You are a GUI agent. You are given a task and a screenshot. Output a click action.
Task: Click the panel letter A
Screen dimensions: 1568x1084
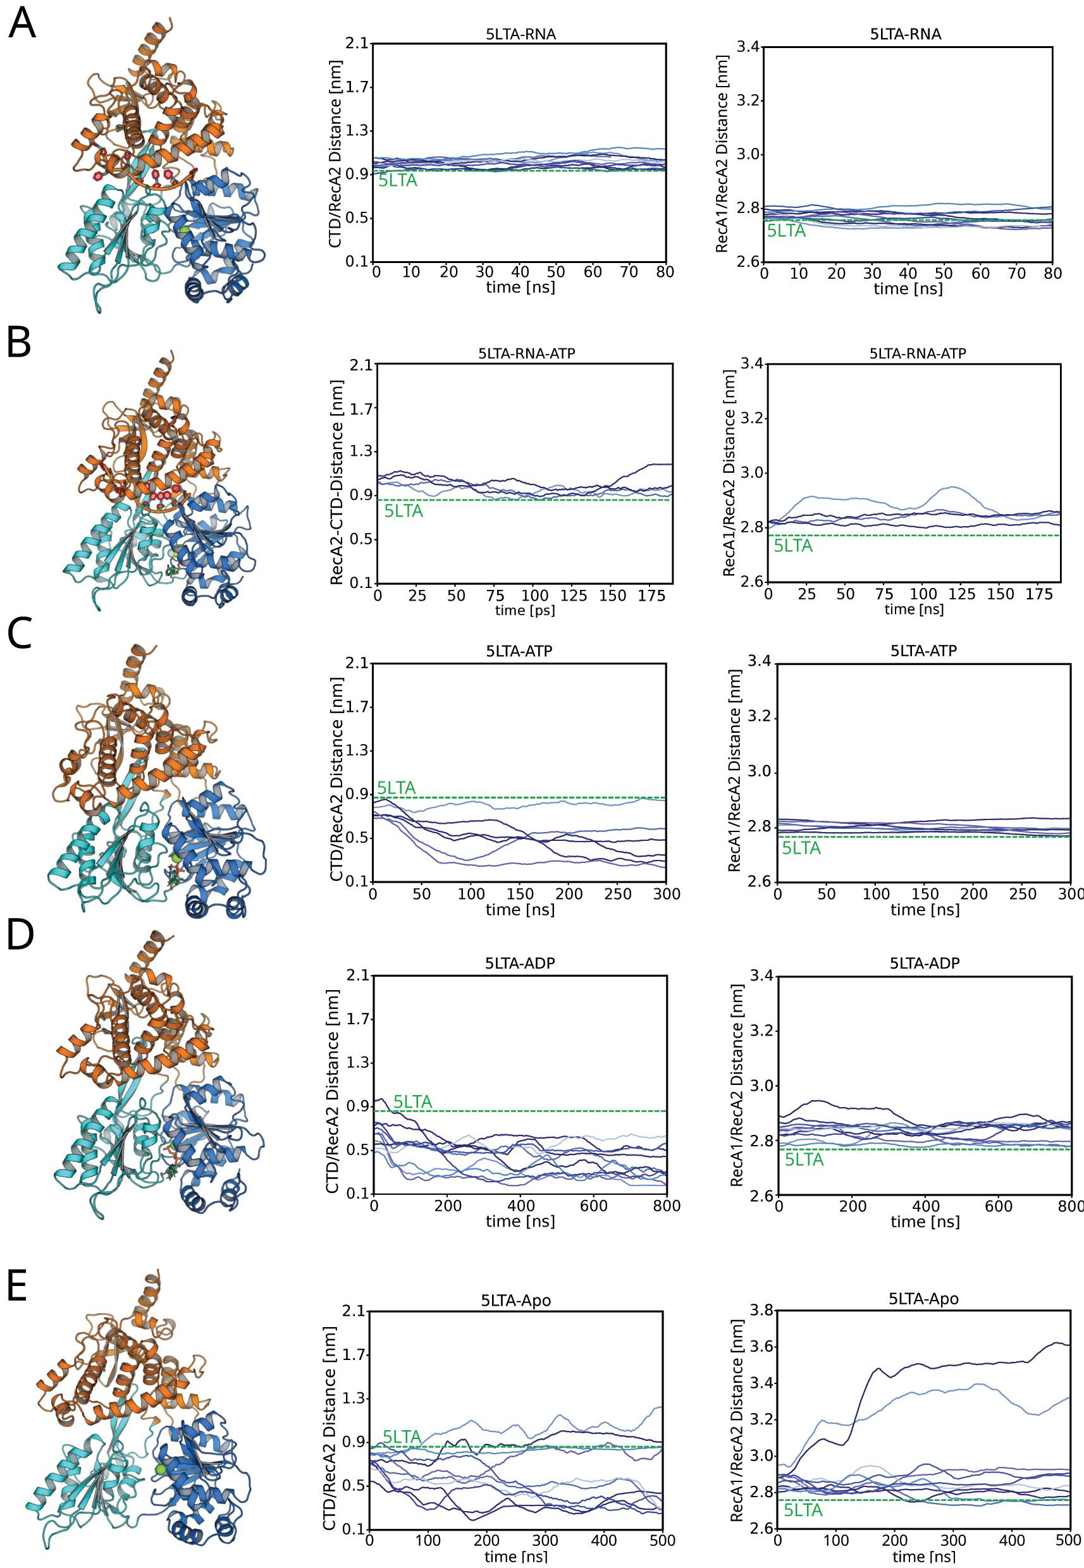pyautogui.click(x=22, y=24)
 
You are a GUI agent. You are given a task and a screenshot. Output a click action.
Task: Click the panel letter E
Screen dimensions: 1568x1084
pyautogui.click(x=17, y=1285)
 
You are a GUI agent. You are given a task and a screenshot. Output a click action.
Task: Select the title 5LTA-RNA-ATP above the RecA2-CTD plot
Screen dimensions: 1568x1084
pyautogui.click(x=526, y=354)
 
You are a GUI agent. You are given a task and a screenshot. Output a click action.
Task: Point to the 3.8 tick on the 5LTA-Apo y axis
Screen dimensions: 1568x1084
pyautogui.click(x=761, y=1310)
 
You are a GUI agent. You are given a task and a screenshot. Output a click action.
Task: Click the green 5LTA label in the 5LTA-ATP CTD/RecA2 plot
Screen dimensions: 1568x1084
pyautogui.click(x=396, y=788)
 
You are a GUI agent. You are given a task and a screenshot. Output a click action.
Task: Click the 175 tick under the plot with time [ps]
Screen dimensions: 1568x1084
pyautogui.click(x=651, y=596)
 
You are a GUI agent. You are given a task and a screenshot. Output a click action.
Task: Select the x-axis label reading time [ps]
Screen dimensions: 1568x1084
pyautogui.click(x=524, y=611)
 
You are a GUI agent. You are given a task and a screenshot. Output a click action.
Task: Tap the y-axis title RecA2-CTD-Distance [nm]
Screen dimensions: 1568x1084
pyautogui.click(x=336, y=482)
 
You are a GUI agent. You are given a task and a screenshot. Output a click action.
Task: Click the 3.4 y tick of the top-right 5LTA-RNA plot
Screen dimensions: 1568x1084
pyautogui.click(x=748, y=47)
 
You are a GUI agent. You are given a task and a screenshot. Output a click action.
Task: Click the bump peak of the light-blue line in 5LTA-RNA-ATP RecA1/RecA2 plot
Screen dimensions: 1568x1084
pyautogui.click(x=954, y=487)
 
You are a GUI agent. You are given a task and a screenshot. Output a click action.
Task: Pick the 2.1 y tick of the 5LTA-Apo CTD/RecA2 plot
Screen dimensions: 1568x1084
pyautogui.click(x=353, y=1311)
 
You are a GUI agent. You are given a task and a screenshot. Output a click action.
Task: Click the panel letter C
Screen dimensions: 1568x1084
pyautogui.click(x=19, y=634)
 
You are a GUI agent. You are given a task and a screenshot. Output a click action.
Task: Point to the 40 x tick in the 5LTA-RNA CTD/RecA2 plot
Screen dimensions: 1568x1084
pyautogui.click(x=520, y=273)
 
